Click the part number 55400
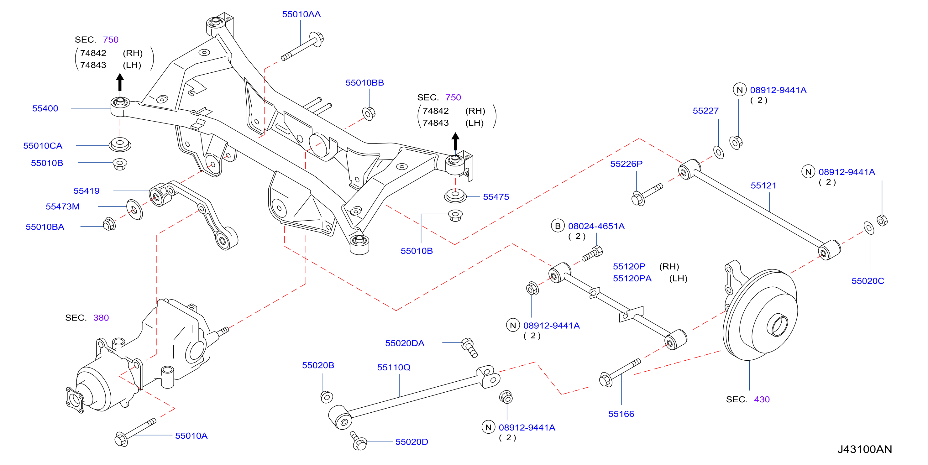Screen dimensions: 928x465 (45, 108)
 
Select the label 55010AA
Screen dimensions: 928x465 (301, 14)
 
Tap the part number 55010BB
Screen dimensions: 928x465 (364, 82)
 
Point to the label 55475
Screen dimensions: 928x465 (496, 197)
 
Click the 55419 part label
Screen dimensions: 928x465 (87, 191)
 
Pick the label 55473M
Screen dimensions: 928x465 (63, 206)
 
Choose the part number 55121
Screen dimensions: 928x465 (763, 185)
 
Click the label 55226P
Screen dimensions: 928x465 (626, 164)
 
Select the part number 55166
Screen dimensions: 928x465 (621, 414)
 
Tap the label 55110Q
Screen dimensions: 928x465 (394, 367)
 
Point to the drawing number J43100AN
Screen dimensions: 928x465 (865, 449)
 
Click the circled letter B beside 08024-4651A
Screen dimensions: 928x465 (558, 226)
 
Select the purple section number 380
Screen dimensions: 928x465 (101, 318)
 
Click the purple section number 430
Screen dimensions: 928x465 (762, 400)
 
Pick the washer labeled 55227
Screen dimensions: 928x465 (718, 152)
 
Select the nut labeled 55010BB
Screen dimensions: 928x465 (369, 113)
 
